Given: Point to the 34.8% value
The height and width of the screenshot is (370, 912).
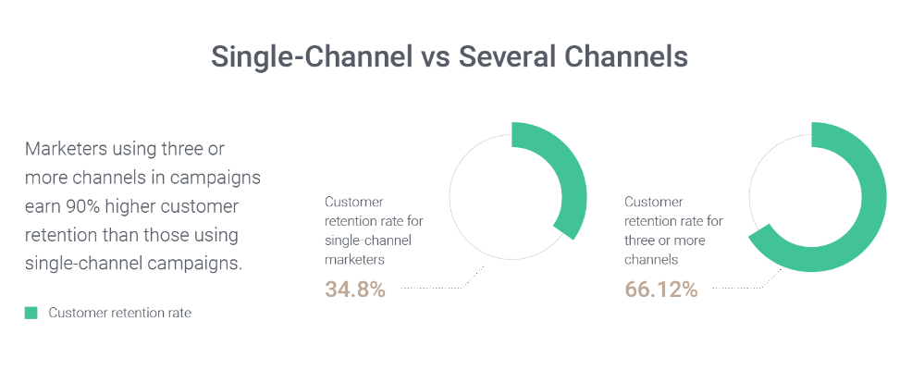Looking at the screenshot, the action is coord(355,290).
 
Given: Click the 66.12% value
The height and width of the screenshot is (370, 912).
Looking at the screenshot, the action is coord(660,290).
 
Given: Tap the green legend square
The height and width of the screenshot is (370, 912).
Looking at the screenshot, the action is coord(31,313).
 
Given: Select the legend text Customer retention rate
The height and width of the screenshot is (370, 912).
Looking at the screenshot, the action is coord(120,313).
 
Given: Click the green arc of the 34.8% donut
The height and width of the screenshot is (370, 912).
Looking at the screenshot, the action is coord(573,180).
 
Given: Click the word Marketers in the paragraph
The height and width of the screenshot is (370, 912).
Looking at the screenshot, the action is coord(66,149).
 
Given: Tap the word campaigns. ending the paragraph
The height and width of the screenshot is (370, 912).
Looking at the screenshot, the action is coord(192,264).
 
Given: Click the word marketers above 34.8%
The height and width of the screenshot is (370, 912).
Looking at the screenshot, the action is coord(354,260).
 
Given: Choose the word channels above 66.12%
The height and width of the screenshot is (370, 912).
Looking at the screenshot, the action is coord(651,260).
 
